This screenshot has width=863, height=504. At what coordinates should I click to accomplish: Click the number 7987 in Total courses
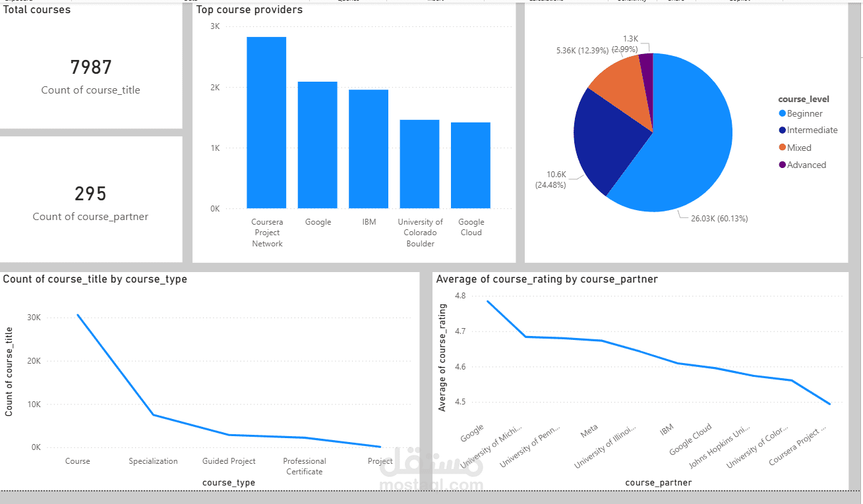91,67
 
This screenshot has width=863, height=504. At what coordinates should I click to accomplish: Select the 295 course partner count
91,194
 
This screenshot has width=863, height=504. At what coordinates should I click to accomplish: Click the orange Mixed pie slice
616,92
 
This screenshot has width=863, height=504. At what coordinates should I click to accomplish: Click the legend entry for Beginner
804,113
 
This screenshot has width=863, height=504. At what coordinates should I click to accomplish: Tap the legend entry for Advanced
806,165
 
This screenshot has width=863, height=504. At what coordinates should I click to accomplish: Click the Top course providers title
250,10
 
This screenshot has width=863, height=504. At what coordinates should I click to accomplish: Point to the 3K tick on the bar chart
215,26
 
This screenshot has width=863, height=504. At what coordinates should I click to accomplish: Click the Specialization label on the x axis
153,461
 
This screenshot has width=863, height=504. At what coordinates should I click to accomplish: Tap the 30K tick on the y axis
33,318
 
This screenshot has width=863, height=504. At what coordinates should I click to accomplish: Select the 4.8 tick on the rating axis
460,296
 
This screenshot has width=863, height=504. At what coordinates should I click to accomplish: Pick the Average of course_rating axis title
442,358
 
